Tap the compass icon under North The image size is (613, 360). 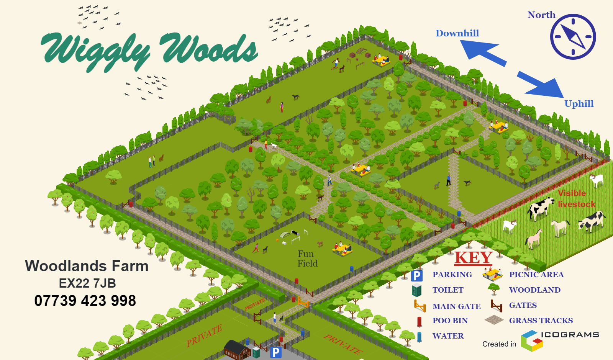(x=573, y=37)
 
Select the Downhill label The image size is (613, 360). (x=457, y=33)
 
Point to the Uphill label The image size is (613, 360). (x=579, y=104)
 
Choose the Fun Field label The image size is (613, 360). (x=307, y=259)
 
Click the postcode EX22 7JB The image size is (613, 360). (x=87, y=283)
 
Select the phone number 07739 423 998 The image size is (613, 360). (x=85, y=301)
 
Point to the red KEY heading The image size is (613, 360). (x=473, y=258)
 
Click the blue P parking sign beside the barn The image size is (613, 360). (x=275, y=352)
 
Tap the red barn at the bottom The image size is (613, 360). (x=236, y=350)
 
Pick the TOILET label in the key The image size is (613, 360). (x=447, y=290)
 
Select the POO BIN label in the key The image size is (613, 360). (x=450, y=321)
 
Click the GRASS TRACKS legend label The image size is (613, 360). (x=541, y=321)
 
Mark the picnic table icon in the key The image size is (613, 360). (x=492, y=274)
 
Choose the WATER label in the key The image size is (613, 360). (x=448, y=336)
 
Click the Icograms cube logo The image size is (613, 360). (x=531, y=340)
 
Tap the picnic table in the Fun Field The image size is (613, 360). (x=342, y=249)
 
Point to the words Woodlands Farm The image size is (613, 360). (x=87, y=266)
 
